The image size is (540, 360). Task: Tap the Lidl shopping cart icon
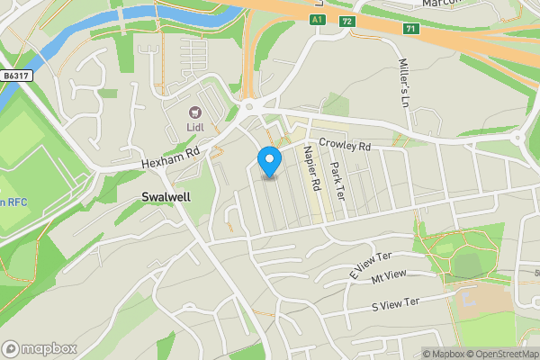tap(193, 112)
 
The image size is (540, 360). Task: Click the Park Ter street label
tap(338, 179)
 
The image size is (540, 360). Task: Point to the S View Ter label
tap(396, 304)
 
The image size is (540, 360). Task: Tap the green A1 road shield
tap(317, 19)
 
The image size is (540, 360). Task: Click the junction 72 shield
tap(346, 20)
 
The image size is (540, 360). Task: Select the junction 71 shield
tap(411, 29)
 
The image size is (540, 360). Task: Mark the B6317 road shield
tap(16, 76)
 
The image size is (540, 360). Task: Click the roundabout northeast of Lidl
tap(249, 106)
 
